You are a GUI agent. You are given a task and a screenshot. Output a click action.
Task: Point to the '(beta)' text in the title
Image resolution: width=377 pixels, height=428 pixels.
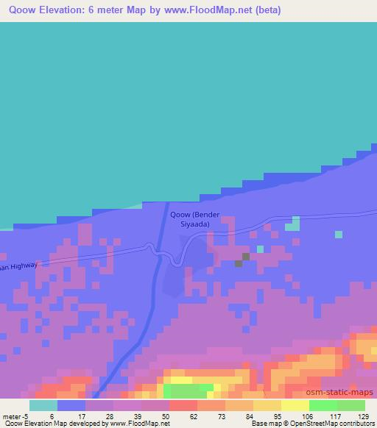coord(267,10)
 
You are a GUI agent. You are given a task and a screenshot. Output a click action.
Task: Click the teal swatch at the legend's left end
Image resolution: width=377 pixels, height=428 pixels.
coord(43,405)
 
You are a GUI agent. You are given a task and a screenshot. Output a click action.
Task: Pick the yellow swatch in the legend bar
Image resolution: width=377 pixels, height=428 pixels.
coord(295,405)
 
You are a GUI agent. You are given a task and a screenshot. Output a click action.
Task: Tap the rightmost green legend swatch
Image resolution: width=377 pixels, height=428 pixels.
coord(350,405)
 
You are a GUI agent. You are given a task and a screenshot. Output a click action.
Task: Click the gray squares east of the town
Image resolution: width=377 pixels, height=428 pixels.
coord(242,260)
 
